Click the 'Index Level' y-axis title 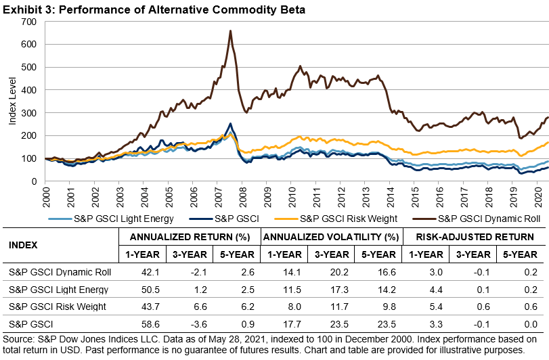tap(12, 102)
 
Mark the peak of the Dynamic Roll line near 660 tap(231, 30)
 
